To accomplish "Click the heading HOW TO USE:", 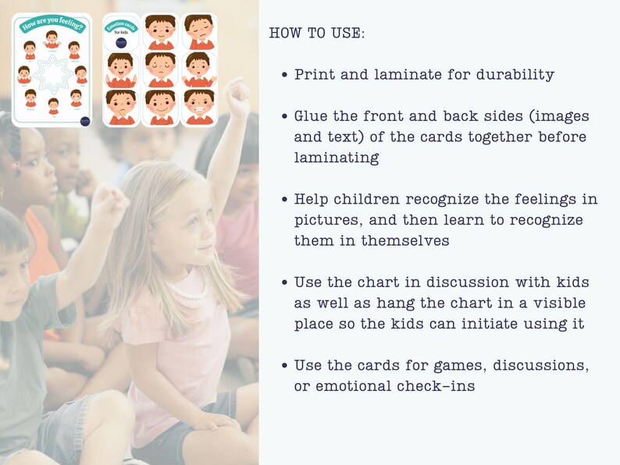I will pos(316,34).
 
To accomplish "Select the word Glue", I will pos(313,116).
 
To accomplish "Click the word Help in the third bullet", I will pos(313,199).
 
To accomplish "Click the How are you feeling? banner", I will pos(52,23).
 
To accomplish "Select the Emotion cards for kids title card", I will pos(122,32).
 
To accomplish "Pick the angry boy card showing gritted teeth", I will pos(199,108).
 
